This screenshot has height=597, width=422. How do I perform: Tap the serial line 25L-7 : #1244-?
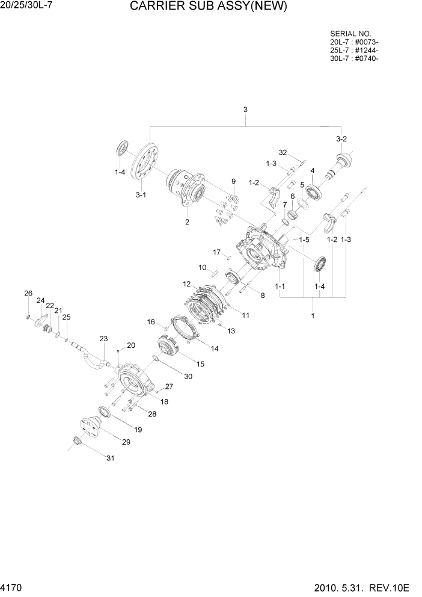(x=354, y=50)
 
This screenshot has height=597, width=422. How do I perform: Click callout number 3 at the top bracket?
(x=245, y=110)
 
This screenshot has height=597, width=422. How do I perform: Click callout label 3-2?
(x=341, y=139)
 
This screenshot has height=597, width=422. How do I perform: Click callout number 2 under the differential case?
(x=187, y=222)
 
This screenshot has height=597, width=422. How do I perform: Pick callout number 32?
(x=283, y=152)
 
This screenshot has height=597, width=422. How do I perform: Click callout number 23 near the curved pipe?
(x=103, y=339)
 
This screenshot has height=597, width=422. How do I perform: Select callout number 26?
(x=28, y=293)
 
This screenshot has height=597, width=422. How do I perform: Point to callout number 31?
(x=110, y=459)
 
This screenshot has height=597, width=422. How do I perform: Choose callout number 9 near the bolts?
(x=234, y=181)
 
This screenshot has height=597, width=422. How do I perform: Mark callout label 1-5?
(x=305, y=239)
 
